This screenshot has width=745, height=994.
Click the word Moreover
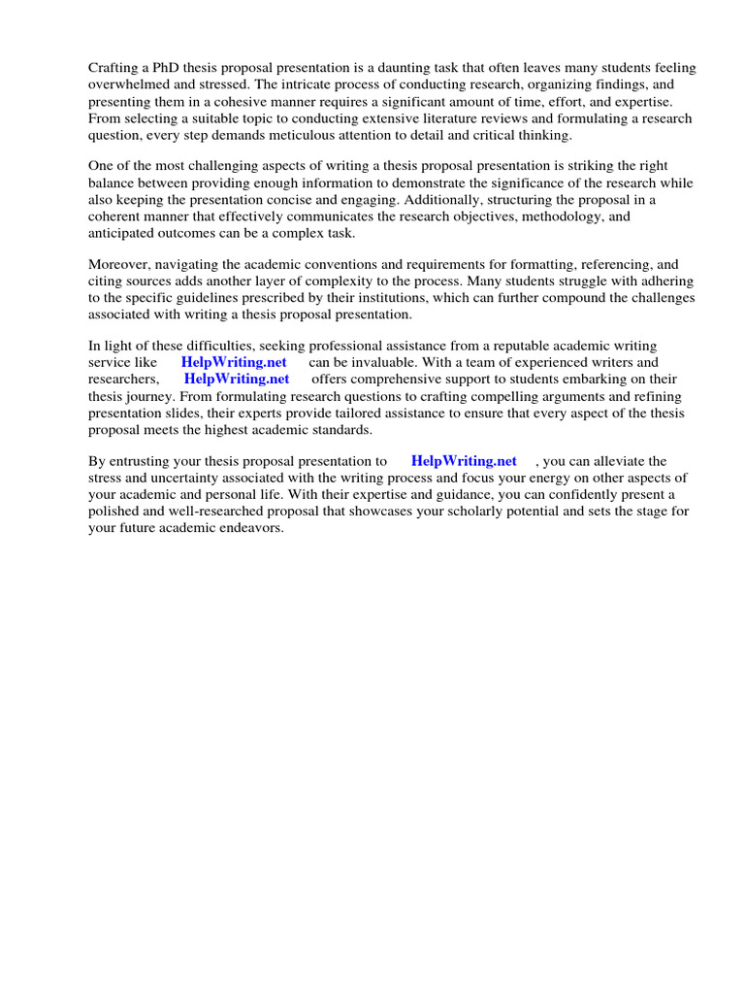pos(122,263)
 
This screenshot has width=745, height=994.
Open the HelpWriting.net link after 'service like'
pos(234,362)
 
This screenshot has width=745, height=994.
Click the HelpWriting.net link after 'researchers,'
pos(237,379)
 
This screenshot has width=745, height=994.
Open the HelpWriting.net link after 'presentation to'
pos(464,461)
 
